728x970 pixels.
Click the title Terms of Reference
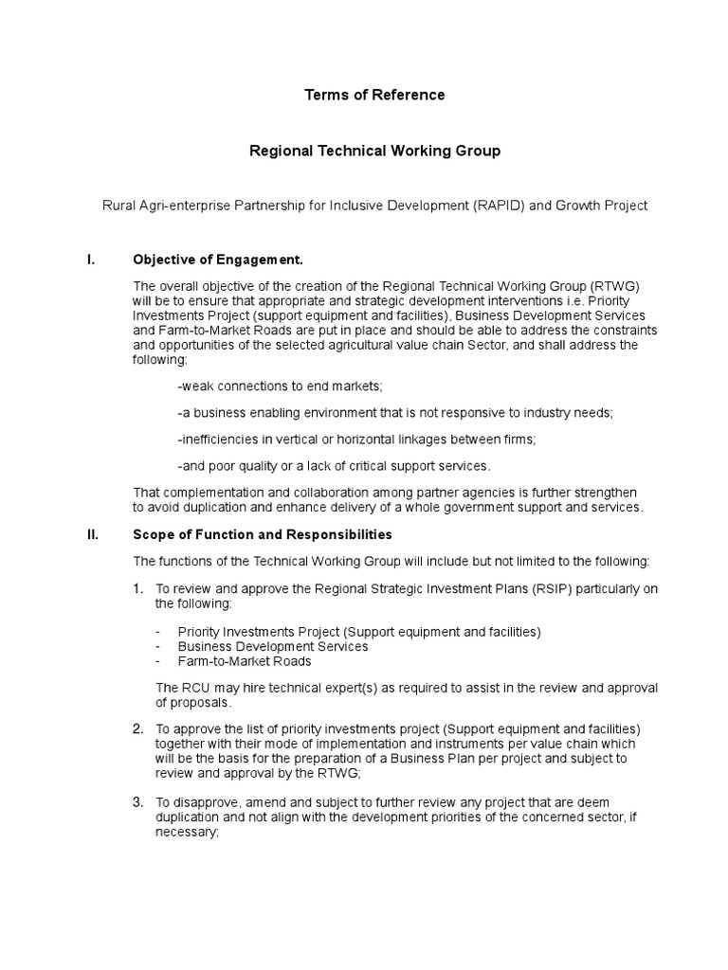point(373,95)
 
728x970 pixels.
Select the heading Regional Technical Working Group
point(373,151)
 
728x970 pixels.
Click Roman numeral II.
point(92,534)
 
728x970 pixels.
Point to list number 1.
point(137,589)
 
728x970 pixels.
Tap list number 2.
point(137,728)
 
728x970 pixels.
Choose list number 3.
point(137,802)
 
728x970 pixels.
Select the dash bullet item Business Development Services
point(272,646)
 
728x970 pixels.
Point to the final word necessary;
point(187,833)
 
